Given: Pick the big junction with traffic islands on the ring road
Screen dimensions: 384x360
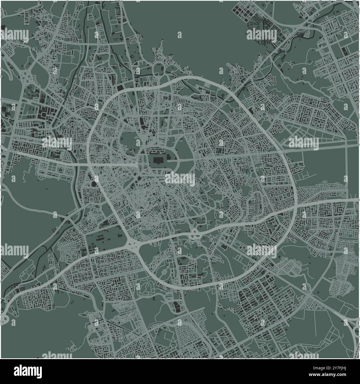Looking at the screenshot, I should tap(132, 244).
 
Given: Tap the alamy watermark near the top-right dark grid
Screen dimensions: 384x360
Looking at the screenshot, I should tap(261, 35).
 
